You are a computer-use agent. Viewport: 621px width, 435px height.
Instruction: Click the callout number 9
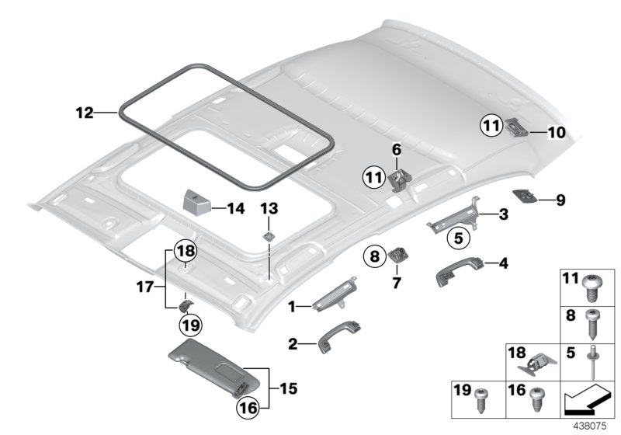click(560, 200)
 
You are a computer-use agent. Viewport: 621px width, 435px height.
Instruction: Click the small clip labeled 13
click(269, 237)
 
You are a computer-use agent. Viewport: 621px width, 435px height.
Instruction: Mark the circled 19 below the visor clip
click(188, 322)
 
